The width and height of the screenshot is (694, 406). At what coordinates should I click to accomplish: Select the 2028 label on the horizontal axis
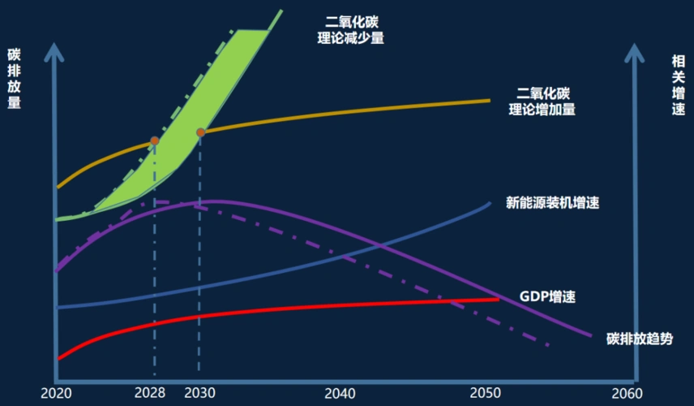(151, 393)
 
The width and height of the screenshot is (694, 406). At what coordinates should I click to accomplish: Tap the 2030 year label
(199, 393)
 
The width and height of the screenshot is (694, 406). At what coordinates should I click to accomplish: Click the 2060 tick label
(625, 393)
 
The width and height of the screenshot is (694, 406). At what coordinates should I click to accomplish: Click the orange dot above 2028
(154, 140)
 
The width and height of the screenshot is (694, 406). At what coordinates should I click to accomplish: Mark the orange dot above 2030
(200, 132)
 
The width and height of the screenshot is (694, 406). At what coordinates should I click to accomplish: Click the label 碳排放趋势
(639, 339)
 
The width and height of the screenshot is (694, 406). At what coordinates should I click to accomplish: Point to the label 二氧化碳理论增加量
(542, 101)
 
